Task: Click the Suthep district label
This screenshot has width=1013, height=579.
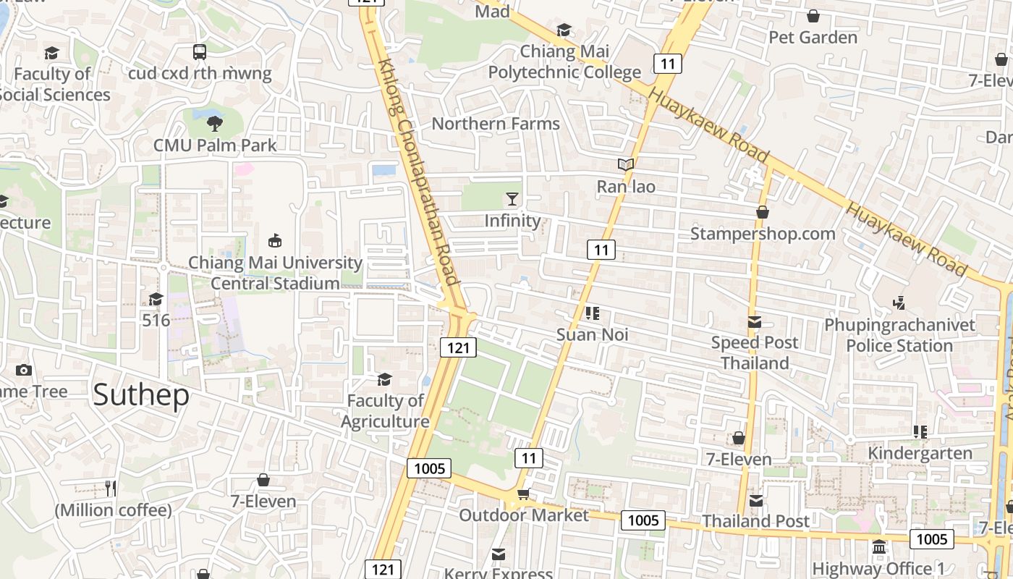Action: (x=142, y=395)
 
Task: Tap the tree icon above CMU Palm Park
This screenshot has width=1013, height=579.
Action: (x=214, y=124)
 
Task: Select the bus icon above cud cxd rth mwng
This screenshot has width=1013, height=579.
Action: (x=200, y=52)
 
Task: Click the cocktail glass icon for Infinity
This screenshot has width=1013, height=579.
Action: (x=512, y=199)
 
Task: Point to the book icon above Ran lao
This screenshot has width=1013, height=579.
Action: (x=626, y=165)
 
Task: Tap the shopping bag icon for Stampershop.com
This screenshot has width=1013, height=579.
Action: (x=762, y=212)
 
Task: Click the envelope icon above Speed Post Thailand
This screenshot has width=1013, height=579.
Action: (x=755, y=321)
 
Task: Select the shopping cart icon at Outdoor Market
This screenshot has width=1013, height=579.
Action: (x=523, y=494)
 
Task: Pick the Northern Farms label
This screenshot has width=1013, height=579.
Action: (x=496, y=124)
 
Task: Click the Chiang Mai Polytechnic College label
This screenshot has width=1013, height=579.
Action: (x=564, y=62)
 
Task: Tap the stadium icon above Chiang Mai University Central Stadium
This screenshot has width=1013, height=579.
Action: (x=275, y=240)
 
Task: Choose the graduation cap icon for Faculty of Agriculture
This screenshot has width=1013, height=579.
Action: (x=384, y=379)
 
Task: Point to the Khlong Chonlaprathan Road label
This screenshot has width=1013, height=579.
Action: (x=418, y=172)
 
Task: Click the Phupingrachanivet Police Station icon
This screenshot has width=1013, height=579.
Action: (x=899, y=303)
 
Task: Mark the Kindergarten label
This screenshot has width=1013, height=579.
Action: (x=920, y=453)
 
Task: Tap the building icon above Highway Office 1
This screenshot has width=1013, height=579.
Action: (x=879, y=546)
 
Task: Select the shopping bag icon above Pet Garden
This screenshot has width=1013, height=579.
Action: (x=813, y=16)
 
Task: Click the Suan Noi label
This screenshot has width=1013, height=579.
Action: (x=593, y=334)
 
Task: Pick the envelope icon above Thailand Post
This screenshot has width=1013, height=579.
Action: (x=756, y=500)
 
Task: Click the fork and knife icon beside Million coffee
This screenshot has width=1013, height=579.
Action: (x=111, y=488)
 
